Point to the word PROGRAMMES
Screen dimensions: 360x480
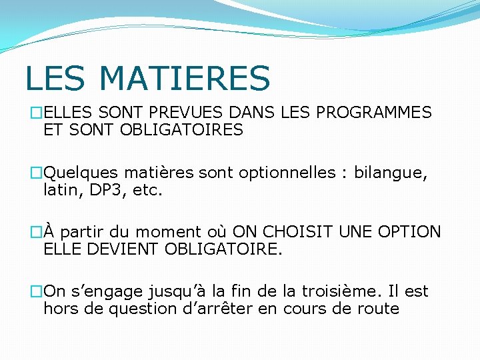pos(374,113)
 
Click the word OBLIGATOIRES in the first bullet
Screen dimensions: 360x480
pos(181,130)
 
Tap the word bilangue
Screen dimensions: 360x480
pos(391,173)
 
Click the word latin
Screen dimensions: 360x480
pos(59,190)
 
